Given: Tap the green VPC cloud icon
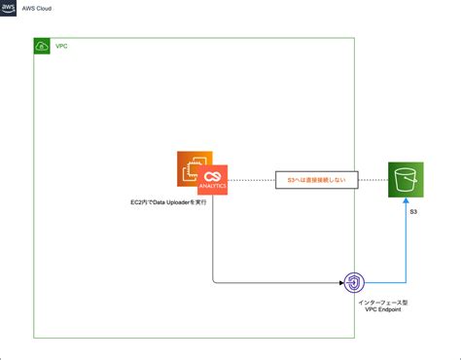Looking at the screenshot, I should (42, 47).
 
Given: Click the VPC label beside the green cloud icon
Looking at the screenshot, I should (61, 47).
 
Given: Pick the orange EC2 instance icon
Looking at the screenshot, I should (194, 168).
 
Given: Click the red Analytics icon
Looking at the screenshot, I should (212, 180).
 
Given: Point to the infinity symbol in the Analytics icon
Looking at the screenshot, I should (212, 176).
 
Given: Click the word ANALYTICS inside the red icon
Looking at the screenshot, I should (212, 188).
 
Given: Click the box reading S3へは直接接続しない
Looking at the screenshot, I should (316, 180).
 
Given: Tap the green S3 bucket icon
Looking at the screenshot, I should (407, 180).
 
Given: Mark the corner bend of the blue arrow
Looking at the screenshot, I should (407, 283).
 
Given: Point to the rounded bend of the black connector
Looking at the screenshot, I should (215, 280).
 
